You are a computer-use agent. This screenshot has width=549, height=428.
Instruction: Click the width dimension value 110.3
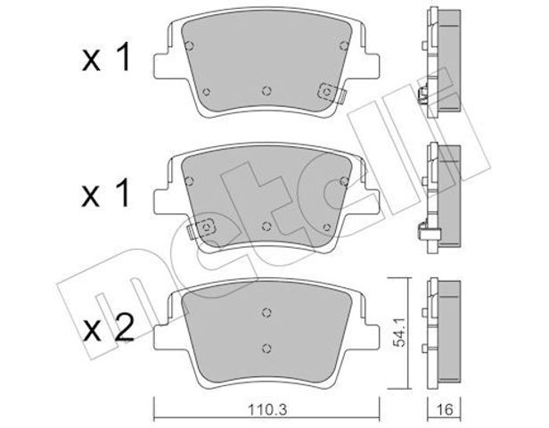click(267, 409)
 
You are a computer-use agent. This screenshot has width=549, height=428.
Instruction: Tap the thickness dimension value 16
click(445, 409)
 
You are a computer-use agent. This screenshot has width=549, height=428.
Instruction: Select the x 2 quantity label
click(108, 327)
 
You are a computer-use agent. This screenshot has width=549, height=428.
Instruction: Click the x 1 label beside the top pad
click(106, 57)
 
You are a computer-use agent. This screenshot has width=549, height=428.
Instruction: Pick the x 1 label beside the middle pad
click(106, 193)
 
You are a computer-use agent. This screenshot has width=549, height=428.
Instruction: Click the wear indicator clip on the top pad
click(332, 93)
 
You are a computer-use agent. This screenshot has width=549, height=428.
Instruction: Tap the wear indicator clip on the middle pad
click(201, 228)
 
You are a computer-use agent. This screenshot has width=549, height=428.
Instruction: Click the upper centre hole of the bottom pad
click(266, 312)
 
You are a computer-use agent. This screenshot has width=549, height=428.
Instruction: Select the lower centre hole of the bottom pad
click(266, 348)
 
